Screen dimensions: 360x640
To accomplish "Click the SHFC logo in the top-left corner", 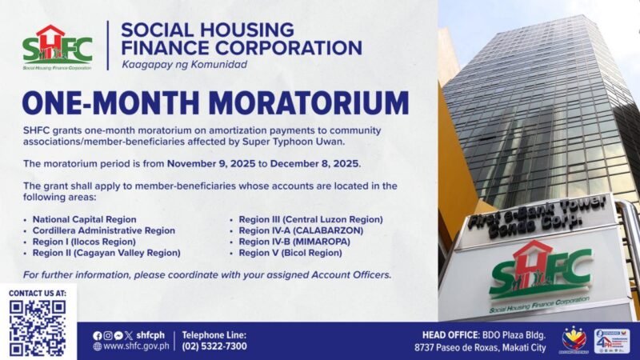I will [x=57, y=47].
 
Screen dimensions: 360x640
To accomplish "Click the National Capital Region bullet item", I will [x=85, y=219].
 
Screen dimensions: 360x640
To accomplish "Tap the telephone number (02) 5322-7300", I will [x=215, y=346].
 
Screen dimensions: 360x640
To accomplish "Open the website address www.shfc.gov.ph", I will [x=135, y=346].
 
